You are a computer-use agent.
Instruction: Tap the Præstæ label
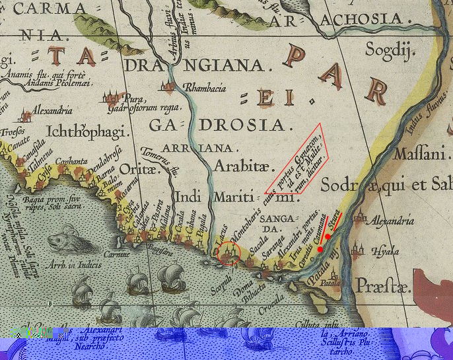[x=382, y=286]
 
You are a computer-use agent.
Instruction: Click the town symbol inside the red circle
[x=229, y=252]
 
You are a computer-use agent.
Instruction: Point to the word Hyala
[x=386, y=252]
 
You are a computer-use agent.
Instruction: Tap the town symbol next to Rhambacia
[x=172, y=87]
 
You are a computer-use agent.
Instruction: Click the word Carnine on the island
[x=119, y=253]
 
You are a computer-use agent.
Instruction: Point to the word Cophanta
[x=72, y=161]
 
